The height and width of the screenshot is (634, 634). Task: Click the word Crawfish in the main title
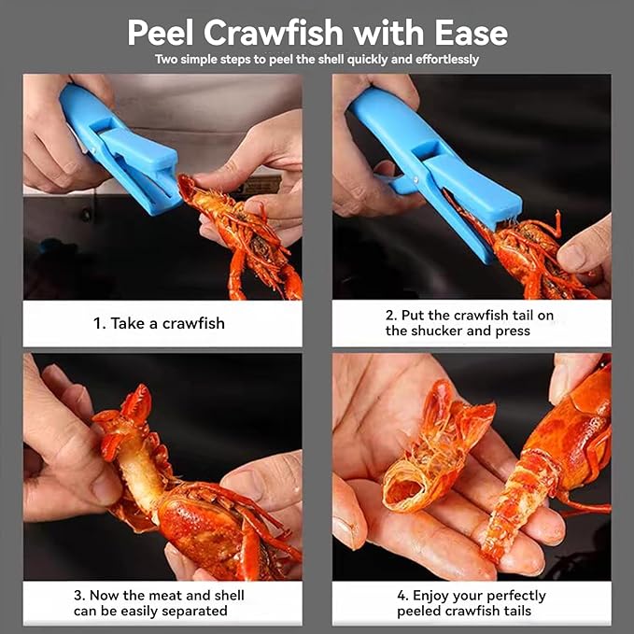click(x=279, y=33)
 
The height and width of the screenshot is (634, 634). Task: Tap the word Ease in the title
click(x=468, y=33)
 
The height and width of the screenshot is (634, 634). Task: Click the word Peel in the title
click(x=164, y=33)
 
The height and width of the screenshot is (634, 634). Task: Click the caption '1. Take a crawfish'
click(x=159, y=323)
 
